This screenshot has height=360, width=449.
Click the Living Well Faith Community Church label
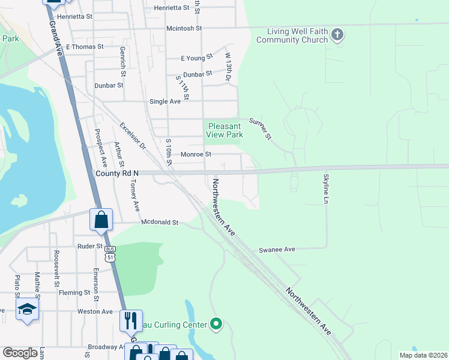[x=292, y=35]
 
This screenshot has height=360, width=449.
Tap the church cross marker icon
[x=337, y=34]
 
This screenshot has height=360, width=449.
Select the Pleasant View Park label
[x=224, y=130]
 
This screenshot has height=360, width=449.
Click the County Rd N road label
[x=117, y=173]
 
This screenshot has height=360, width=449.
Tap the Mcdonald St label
[x=160, y=223]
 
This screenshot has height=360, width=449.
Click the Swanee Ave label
[x=277, y=250]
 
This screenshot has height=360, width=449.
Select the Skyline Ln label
[x=326, y=188]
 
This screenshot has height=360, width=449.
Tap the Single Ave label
[x=165, y=101]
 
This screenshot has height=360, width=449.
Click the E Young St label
[x=197, y=58]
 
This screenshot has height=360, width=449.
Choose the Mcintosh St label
[x=184, y=28]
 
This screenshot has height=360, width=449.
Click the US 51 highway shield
[x=109, y=254]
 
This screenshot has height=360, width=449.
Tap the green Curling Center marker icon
[x=216, y=325]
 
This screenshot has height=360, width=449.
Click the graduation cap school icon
[x=27, y=310]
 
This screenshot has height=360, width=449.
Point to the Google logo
[x=20, y=353]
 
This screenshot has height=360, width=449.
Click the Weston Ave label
[x=95, y=311]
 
